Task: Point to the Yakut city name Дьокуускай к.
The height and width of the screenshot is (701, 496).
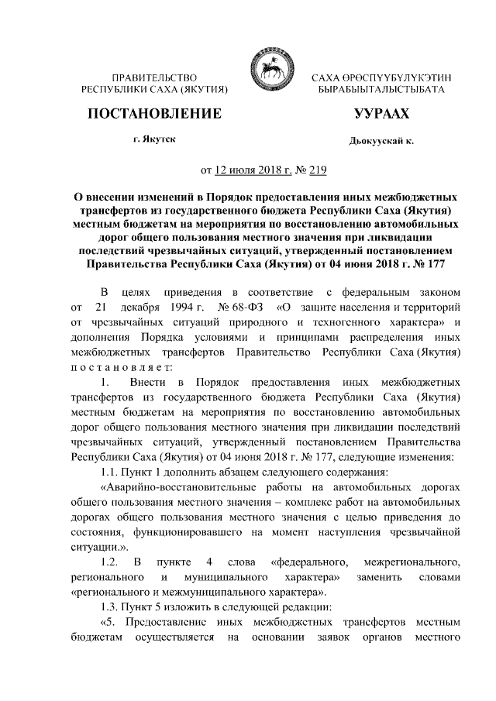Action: click(381, 142)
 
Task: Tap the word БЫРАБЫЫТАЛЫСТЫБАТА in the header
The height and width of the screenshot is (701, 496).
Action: click(381, 91)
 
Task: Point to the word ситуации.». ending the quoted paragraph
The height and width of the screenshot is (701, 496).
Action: click(100, 545)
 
